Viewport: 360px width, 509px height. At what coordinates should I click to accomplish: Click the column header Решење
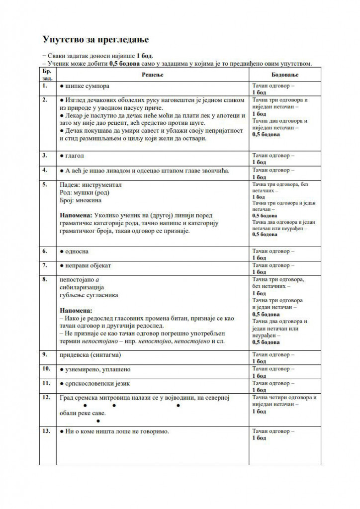point(153,74)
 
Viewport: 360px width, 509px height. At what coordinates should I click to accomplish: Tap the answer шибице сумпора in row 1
point(87,86)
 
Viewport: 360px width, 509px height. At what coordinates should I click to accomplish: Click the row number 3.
point(45,155)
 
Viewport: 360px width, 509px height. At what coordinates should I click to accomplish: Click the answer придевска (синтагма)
point(90,355)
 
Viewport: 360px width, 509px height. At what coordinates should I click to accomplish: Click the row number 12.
point(46,398)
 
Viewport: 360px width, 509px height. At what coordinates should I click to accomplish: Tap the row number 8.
point(45,279)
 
